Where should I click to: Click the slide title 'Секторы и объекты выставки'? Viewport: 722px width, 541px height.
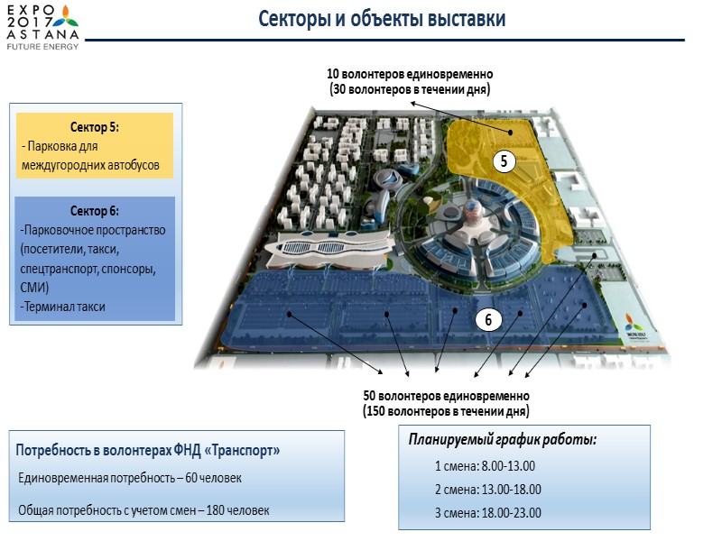tap(382, 19)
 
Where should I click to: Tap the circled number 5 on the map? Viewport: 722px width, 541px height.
tap(504, 161)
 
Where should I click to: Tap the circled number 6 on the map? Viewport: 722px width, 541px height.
tap(487, 318)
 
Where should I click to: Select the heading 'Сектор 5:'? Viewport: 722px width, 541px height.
tap(95, 126)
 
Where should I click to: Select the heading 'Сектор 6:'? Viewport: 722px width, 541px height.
tap(94, 211)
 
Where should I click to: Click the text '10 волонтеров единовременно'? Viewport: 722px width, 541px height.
tap(410, 74)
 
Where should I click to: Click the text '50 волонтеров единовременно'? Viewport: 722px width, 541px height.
tap(446, 397)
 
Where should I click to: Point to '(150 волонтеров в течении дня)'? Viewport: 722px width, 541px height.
tap(446, 411)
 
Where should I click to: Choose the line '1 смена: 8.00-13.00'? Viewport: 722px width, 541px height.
tap(486, 466)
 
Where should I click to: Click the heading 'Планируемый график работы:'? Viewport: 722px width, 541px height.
tap(503, 441)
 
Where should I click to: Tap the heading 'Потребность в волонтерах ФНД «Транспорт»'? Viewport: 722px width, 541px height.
tap(148, 450)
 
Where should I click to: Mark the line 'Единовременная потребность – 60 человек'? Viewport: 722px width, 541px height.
tap(130, 477)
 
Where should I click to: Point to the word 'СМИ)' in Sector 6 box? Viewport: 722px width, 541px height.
tap(36, 288)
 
